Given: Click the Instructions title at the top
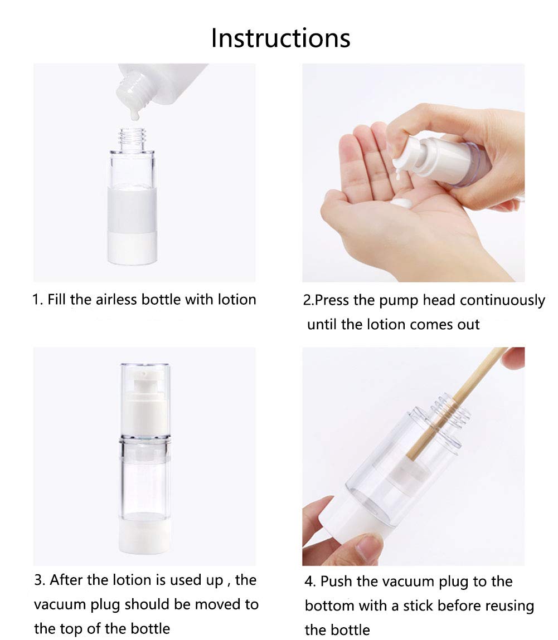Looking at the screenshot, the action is tap(280, 38).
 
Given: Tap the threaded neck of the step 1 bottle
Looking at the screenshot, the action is tap(132, 139).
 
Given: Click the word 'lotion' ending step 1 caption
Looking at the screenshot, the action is tap(237, 299).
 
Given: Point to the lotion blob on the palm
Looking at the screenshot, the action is tap(402, 203).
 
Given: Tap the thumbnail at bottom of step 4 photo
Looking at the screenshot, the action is tap(369, 547).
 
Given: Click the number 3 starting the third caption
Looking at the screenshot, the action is tap(38, 580).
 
